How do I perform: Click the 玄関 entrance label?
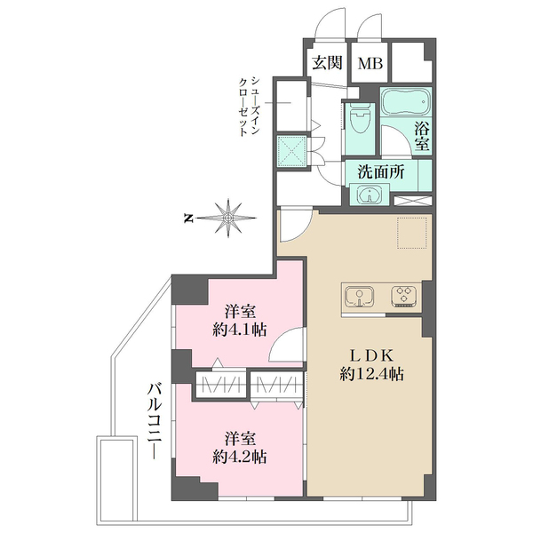(x=327, y=63)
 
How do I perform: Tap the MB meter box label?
(x=370, y=63)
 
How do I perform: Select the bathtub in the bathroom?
(x=406, y=101)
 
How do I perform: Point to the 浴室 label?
(x=422, y=136)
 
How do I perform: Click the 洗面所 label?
(x=381, y=172)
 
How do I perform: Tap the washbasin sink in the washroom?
(x=370, y=195)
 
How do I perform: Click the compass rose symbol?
(x=227, y=218)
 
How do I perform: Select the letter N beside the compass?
(x=187, y=219)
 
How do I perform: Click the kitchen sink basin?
(x=359, y=297)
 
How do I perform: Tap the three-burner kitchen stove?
(x=403, y=295)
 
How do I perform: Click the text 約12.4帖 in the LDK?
(x=372, y=374)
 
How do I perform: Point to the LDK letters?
(x=372, y=356)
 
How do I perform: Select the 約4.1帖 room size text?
(x=239, y=330)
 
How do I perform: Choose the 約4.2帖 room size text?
(x=239, y=457)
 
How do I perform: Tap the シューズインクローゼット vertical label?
(x=250, y=107)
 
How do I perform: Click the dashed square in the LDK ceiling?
(x=412, y=233)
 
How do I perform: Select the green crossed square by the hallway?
(x=291, y=151)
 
